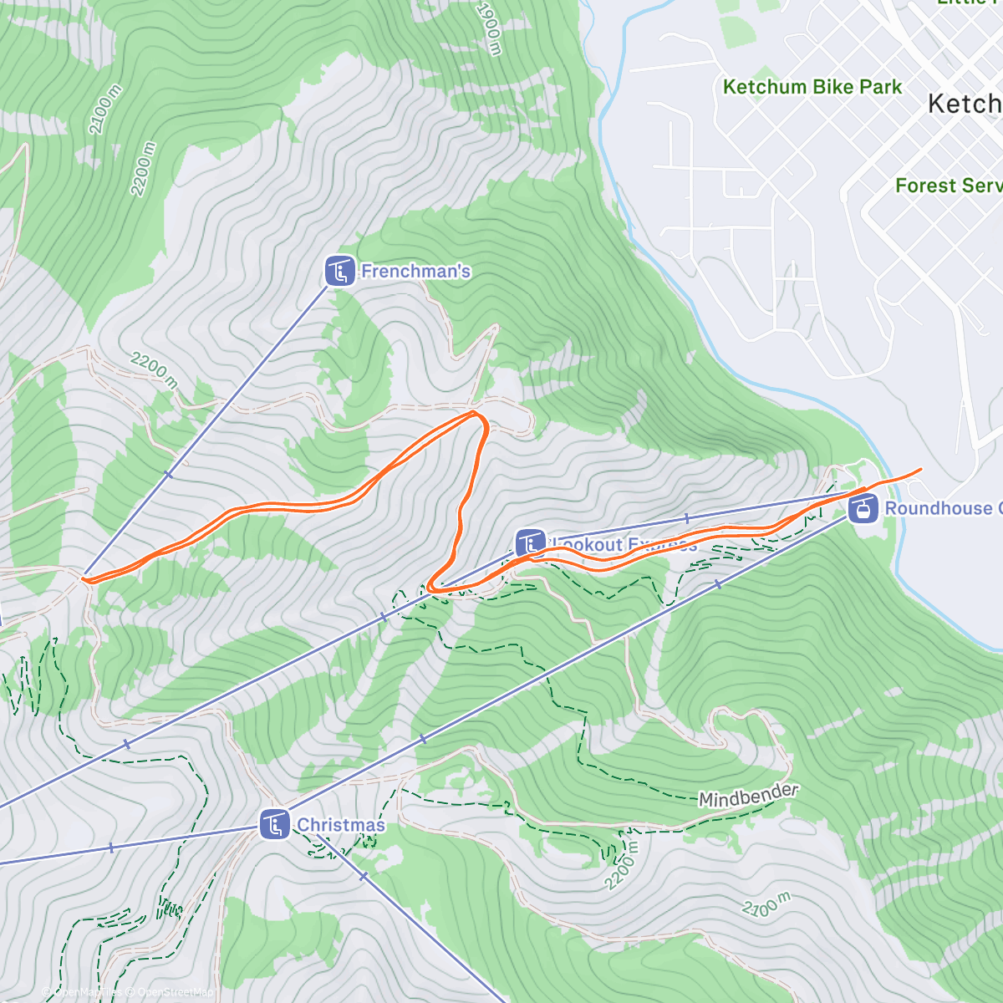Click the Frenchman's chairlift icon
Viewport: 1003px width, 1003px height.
(339, 272)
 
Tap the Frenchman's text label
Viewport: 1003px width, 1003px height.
(415, 272)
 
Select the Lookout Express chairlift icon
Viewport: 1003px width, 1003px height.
(530, 543)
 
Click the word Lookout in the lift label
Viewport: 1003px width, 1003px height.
(588, 545)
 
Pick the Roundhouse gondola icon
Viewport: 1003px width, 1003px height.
(863, 507)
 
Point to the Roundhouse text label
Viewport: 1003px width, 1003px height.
(938, 508)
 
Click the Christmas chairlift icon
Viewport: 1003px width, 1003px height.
(274, 825)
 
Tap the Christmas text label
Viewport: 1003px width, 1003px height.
(341, 825)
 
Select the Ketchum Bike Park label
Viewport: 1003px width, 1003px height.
(812, 87)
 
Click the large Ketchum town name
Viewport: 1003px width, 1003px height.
(965, 104)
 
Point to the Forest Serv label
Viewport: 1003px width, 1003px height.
(948, 186)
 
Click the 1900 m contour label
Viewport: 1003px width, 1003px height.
(488, 28)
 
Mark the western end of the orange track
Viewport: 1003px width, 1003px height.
(83, 578)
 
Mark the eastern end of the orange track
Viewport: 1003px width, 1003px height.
(921, 470)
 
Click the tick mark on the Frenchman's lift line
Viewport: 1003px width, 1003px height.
(168, 475)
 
